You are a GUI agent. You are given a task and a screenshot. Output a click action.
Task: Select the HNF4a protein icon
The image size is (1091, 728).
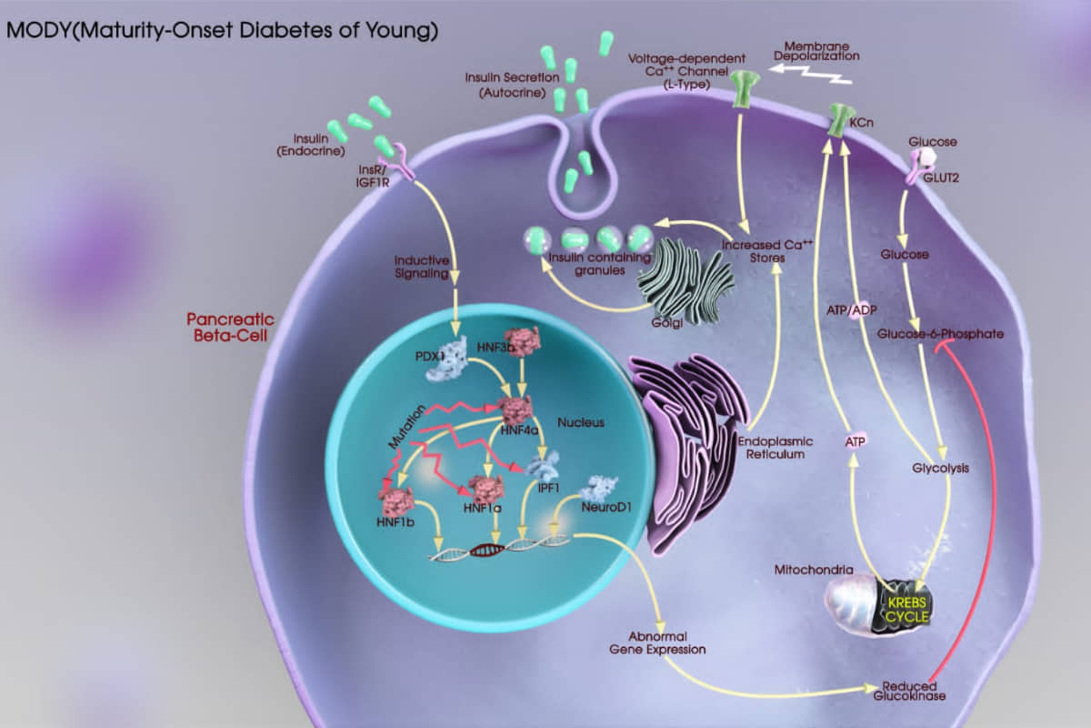click(517, 410)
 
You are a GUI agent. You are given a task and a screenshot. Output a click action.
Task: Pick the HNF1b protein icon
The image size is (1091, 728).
click(396, 500)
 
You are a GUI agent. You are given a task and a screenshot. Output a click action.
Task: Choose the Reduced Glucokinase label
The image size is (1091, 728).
click(910, 691)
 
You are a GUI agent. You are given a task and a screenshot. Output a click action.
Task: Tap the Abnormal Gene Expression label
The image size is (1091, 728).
click(658, 642)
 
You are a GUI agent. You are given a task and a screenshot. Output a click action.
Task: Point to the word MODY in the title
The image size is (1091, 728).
click(35, 30)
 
